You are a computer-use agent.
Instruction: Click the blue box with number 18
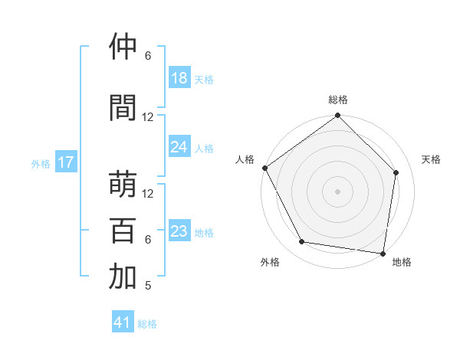[179, 78]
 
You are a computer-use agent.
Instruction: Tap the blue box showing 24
[179, 147]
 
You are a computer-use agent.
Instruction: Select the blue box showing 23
[179, 231]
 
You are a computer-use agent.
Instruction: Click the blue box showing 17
[66, 162]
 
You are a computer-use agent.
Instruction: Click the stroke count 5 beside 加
[148, 286]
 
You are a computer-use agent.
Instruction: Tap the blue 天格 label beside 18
[204, 79]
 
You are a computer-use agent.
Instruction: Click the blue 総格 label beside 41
[147, 324]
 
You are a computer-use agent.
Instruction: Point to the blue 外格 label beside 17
[41, 163]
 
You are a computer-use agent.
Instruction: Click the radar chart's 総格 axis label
[338, 100]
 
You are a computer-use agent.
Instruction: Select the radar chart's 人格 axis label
[245, 159]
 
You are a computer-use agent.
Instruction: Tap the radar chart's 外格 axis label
[270, 262]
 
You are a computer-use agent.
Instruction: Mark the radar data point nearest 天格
[396, 173]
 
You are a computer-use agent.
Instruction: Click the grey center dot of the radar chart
[338, 191]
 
